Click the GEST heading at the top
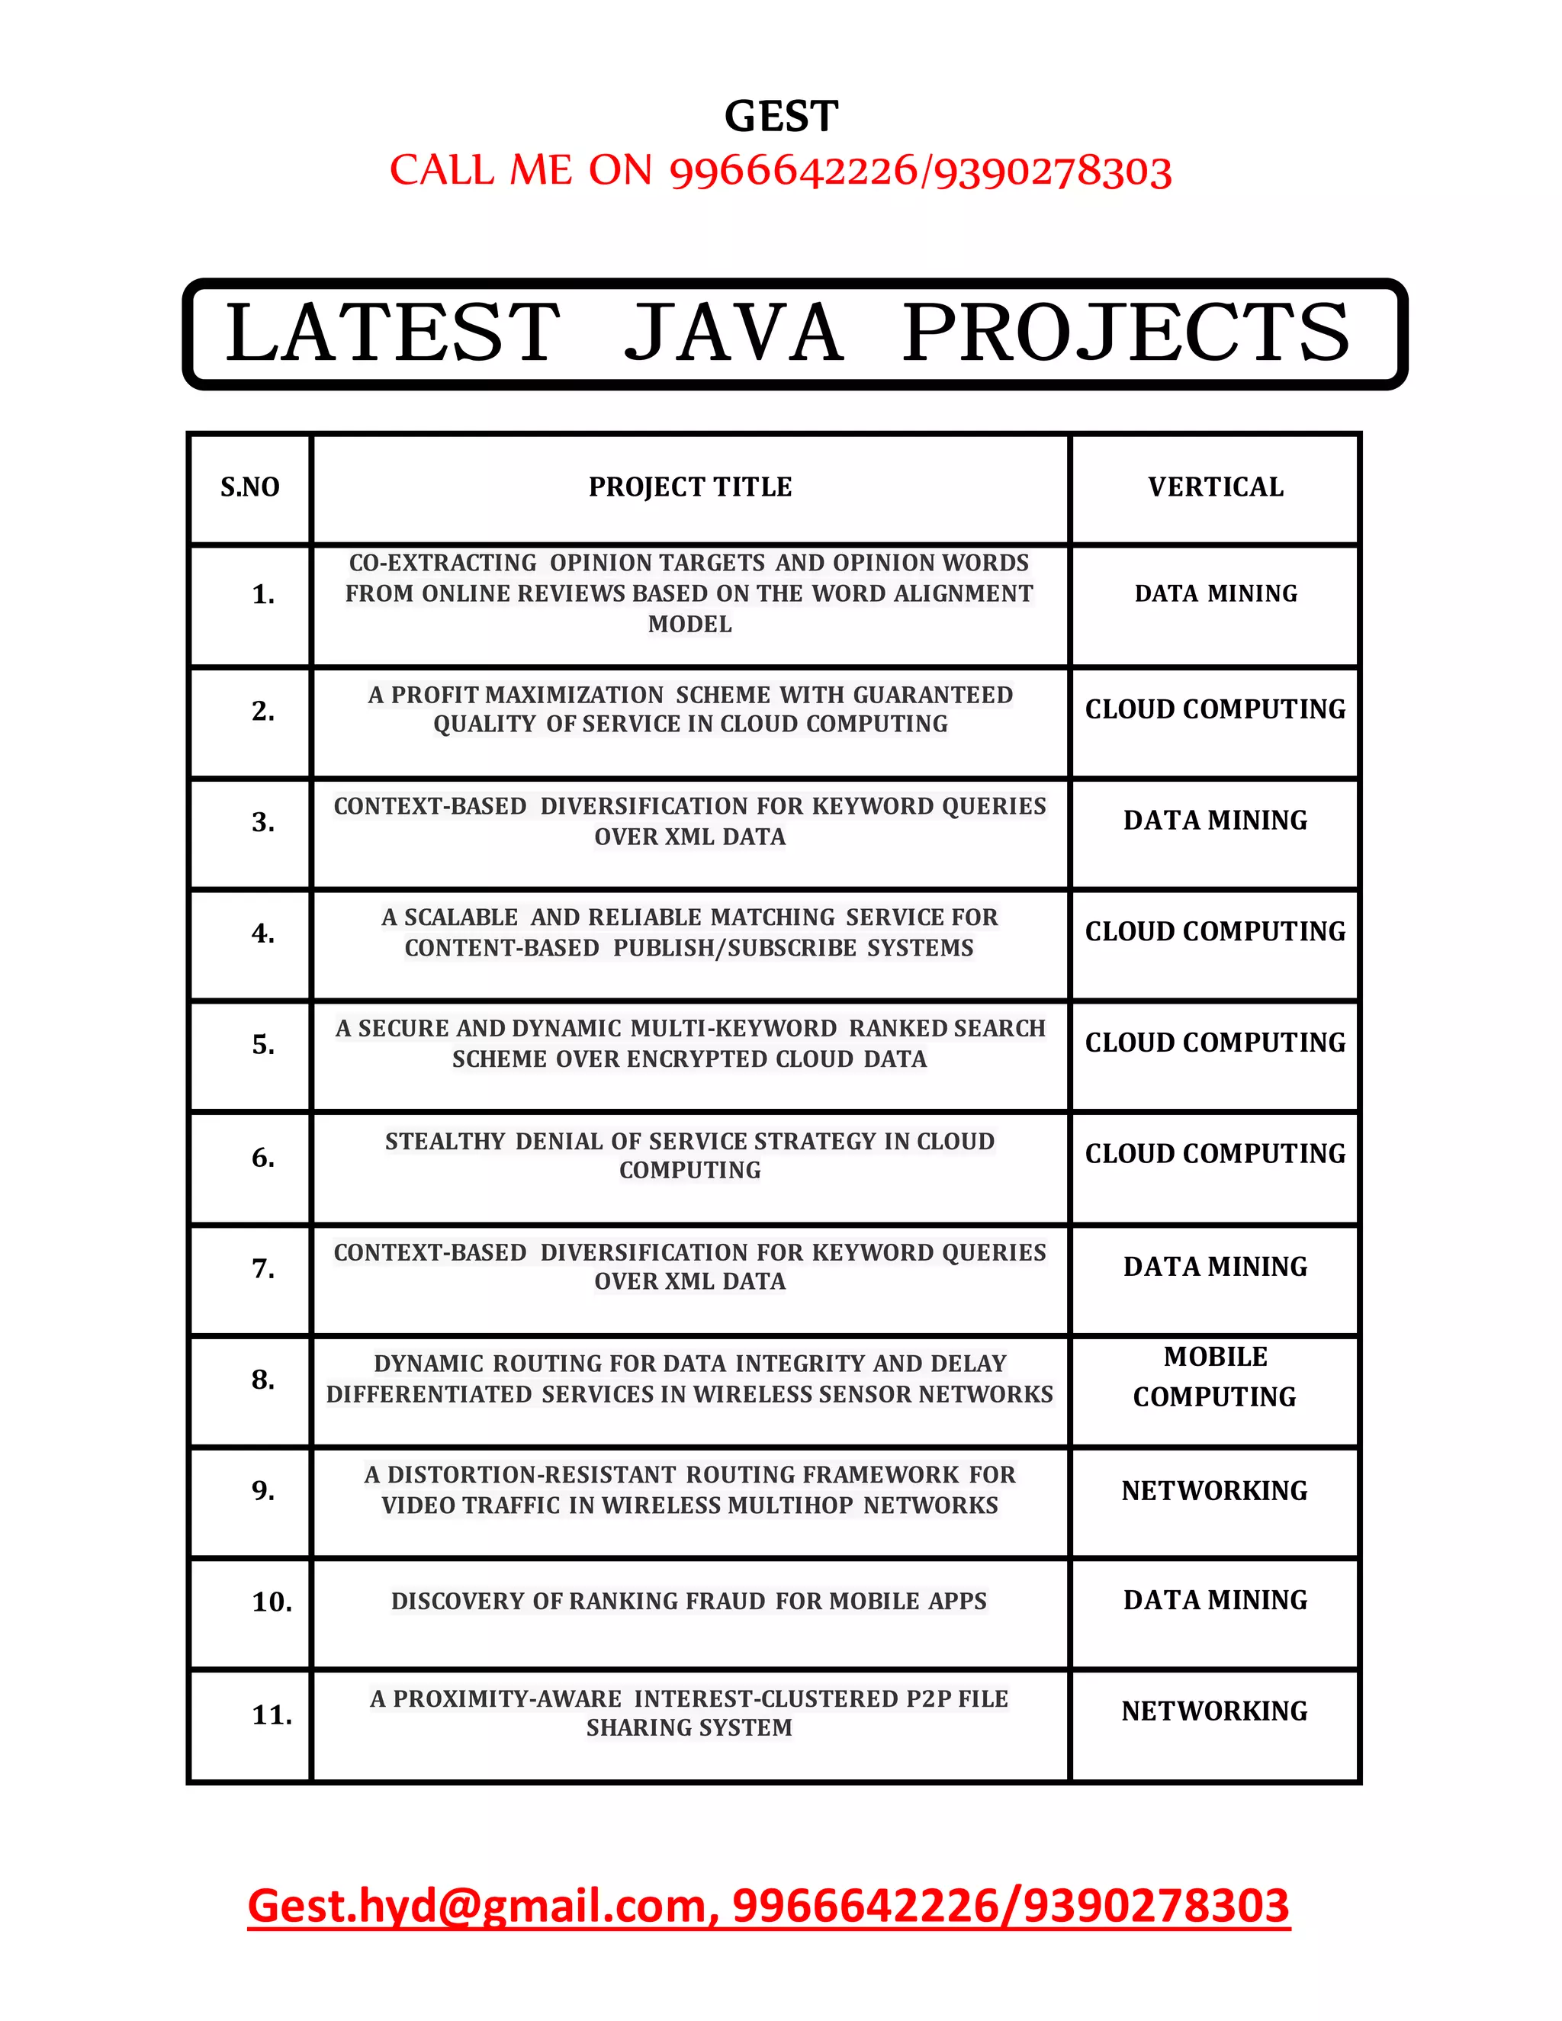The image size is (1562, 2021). (781, 117)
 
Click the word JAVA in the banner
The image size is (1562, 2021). (733, 333)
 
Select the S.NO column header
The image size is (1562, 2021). (250, 487)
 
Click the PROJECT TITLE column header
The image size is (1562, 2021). (690, 487)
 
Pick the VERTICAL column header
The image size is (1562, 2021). (1215, 487)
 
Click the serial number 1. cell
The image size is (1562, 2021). (263, 594)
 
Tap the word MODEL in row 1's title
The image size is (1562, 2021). (689, 625)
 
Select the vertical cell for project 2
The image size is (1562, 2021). (1215, 708)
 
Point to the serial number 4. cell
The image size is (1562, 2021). (263, 933)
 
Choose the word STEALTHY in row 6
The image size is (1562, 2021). (445, 1141)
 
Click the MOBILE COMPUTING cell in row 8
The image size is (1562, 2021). (1215, 1377)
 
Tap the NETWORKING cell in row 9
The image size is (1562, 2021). (1214, 1491)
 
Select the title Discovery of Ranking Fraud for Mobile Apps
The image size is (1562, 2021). (689, 1601)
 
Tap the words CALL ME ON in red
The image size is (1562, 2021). (521, 171)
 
